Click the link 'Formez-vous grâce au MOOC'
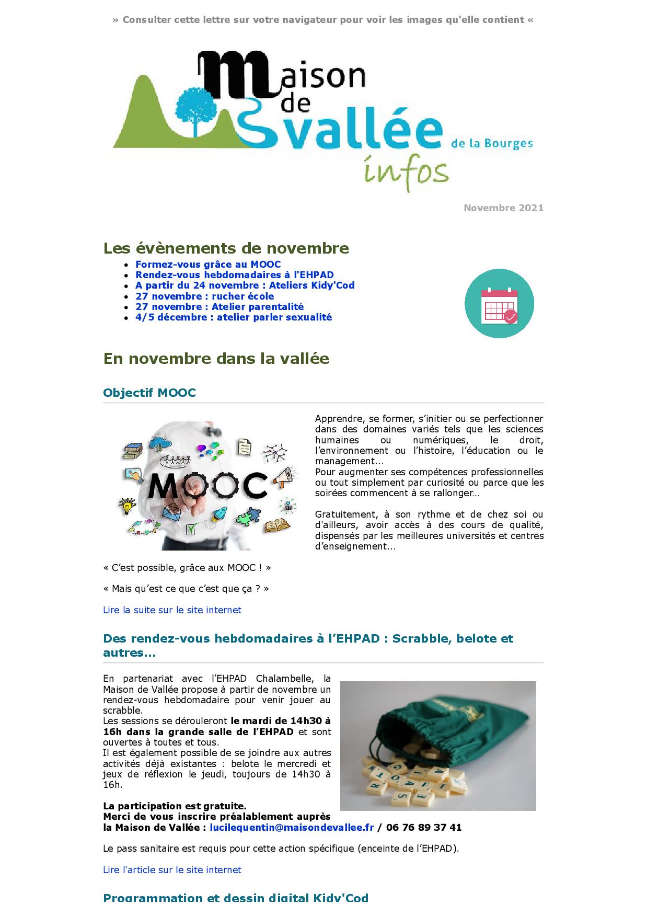tap(208, 265)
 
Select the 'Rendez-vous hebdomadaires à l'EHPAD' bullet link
tap(234, 275)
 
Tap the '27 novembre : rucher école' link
tap(204, 296)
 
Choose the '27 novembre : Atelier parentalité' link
tap(219, 307)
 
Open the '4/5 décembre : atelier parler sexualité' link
tap(233, 317)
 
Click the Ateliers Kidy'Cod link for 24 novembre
tap(245, 285)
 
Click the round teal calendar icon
tap(499, 303)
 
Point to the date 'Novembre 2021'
tap(503, 208)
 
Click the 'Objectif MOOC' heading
tap(149, 393)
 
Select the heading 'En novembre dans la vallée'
tap(216, 359)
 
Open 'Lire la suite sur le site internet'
tap(172, 610)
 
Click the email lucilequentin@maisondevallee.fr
tap(292, 828)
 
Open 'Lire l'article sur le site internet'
tap(172, 870)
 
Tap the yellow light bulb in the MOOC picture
tap(126, 507)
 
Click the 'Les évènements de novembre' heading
tap(226, 248)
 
